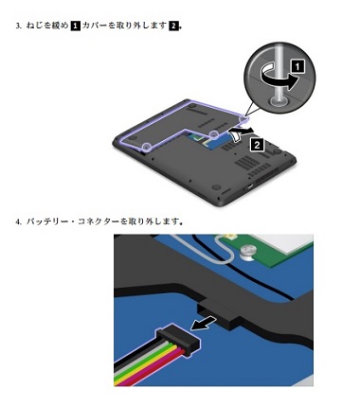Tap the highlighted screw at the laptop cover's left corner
[146, 148]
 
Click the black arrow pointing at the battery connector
[201, 325]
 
